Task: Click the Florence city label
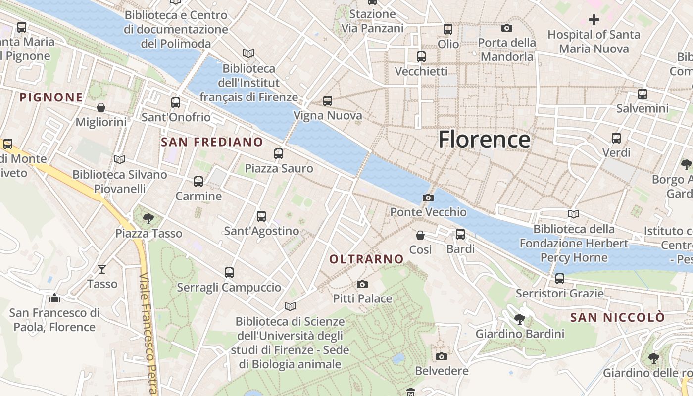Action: [x=484, y=140]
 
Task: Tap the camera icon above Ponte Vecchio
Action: [x=428, y=198]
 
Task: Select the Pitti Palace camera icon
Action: [x=362, y=284]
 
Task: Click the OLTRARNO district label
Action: [x=367, y=259]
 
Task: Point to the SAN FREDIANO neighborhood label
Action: [x=212, y=142]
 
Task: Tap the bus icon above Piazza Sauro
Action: [x=279, y=154]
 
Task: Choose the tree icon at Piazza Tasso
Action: [x=148, y=218]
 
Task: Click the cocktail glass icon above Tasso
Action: [x=102, y=269]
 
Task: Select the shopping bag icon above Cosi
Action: [x=420, y=235]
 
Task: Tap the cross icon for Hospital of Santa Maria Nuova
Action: [x=594, y=20]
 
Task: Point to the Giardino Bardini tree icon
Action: [x=520, y=319]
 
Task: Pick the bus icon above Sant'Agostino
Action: [x=261, y=216]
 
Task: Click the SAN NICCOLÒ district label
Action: [x=617, y=317]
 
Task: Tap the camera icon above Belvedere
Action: [x=442, y=356]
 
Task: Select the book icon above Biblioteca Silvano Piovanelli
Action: [x=119, y=159]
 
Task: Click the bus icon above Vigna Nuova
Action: [x=328, y=101]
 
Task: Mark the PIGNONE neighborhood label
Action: [x=51, y=97]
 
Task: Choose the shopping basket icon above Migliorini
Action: [x=101, y=107]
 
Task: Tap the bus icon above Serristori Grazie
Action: [x=560, y=279]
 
